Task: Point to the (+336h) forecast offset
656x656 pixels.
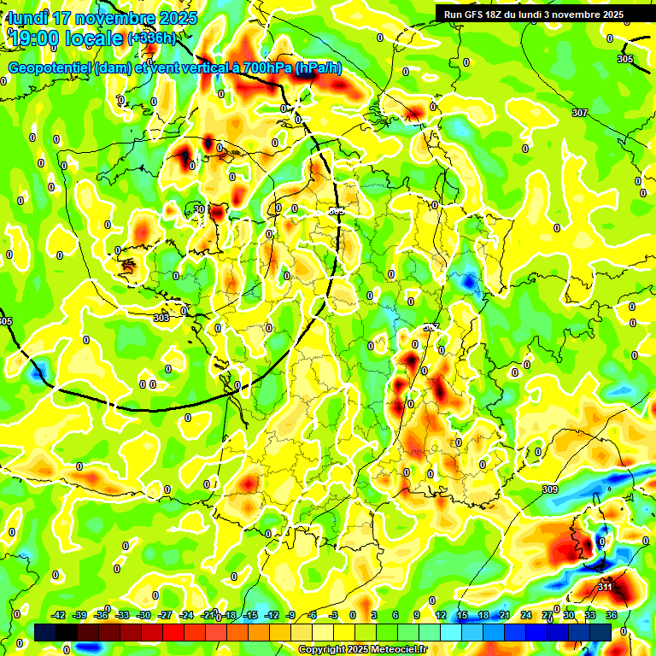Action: pos(154,38)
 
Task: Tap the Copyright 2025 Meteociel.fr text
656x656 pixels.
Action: pos(362,650)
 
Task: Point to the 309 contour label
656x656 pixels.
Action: pos(550,489)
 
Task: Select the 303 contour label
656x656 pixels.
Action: pos(161,318)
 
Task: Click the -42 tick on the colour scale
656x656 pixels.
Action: pos(59,616)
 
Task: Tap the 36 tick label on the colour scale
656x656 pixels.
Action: pos(612,616)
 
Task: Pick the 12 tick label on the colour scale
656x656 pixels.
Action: pos(441,616)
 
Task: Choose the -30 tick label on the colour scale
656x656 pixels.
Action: pos(143,616)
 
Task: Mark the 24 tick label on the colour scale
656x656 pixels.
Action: pos(526,616)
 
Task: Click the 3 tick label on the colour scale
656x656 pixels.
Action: pos(374,616)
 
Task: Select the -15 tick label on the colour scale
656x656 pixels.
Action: pos(250,616)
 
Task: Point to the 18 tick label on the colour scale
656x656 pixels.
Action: pos(483,616)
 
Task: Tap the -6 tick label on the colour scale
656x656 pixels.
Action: pos(313,616)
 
